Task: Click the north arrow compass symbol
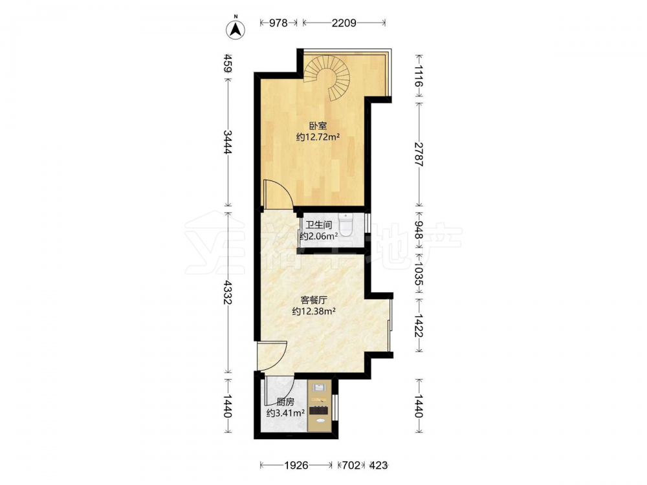click(236, 28)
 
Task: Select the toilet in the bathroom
click(345, 224)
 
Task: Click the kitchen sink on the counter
click(320, 387)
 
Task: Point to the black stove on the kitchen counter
click(320, 411)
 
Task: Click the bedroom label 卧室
click(318, 126)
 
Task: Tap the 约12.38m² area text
click(313, 312)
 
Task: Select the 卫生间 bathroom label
click(318, 225)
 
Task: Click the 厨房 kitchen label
click(285, 402)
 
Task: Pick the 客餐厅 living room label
click(314, 300)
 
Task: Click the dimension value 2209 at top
click(344, 23)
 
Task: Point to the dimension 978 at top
click(278, 23)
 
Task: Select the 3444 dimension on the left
click(227, 142)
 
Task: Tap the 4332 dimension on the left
click(227, 293)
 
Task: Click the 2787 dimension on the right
click(419, 153)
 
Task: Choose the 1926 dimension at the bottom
click(296, 466)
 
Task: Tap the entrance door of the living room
click(272, 356)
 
